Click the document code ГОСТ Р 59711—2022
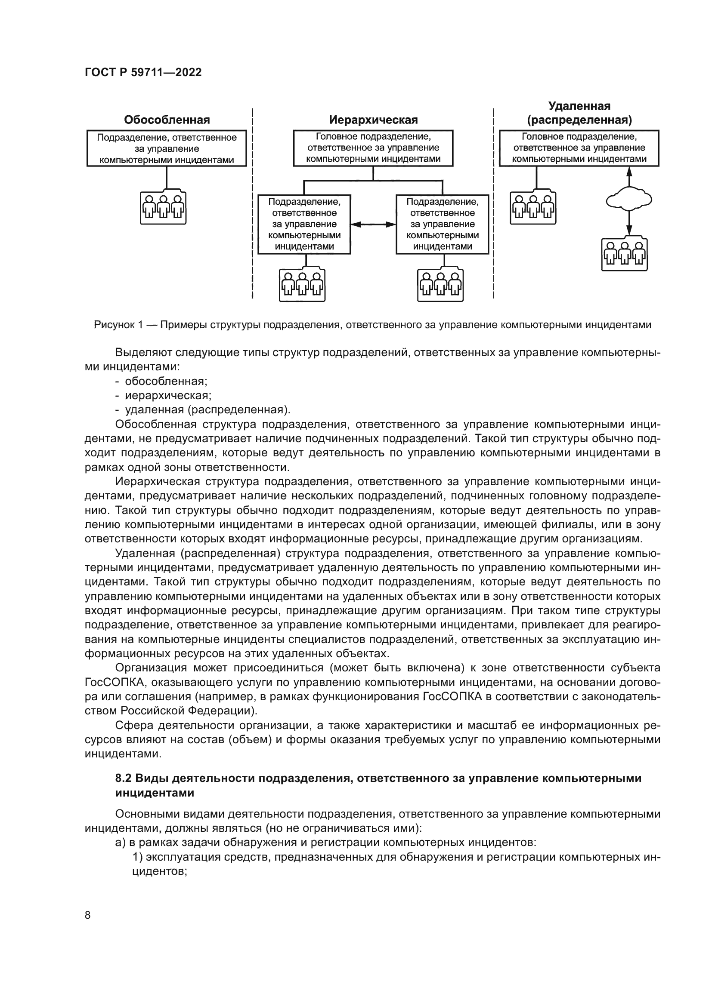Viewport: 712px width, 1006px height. click(143, 72)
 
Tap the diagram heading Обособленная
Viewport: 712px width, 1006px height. click(167, 120)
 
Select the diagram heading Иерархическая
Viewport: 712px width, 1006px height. click(373, 120)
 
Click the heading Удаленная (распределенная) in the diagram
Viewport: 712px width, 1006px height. click(579, 113)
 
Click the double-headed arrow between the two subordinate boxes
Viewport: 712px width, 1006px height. click(373, 225)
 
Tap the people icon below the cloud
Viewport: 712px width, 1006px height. click(624, 254)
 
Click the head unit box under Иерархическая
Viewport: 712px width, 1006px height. click(373, 148)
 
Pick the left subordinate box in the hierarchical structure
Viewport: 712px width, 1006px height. click(304, 225)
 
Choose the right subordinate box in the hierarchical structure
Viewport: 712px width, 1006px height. click(443, 225)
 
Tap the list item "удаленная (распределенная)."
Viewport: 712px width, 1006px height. click(207, 410)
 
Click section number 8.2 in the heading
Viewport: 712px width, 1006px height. click(124, 778)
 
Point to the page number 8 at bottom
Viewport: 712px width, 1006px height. click(88, 915)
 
